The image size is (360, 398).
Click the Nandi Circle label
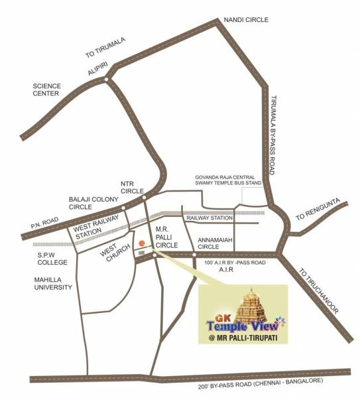(247, 20)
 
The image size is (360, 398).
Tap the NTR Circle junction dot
(144, 196)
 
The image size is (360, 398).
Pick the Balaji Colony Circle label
(93, 203)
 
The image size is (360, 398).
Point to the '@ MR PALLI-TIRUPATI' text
(243, 340)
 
